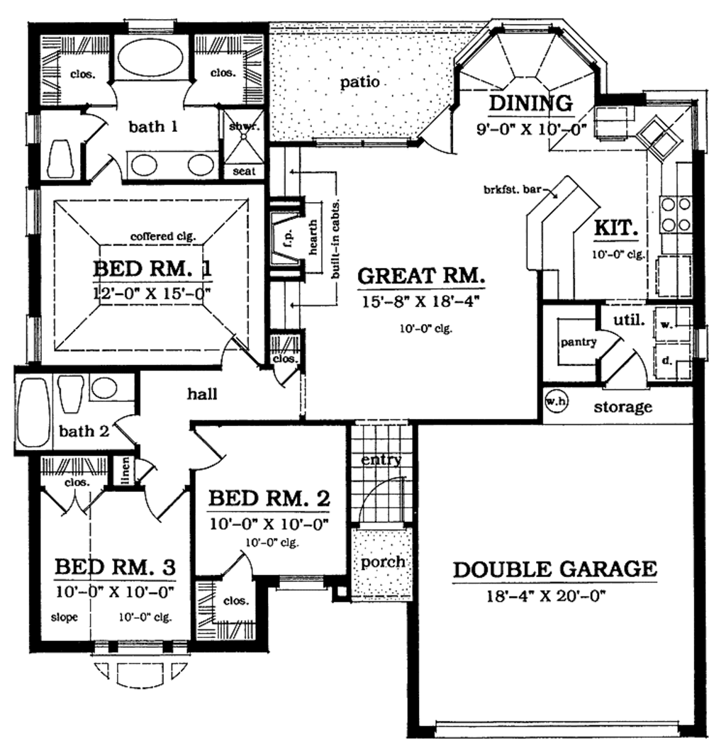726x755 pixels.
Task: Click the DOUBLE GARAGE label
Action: tap(554, 569)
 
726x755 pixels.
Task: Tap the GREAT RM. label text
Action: tap(420, 274)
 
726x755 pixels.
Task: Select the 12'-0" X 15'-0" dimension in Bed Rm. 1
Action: tap(152, 291)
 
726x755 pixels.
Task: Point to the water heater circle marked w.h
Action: tap(553, 401)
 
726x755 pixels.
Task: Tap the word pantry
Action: tap(578, 342)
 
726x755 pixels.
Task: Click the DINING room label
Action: tap(530, 104)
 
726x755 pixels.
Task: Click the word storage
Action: tap(622, 407)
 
